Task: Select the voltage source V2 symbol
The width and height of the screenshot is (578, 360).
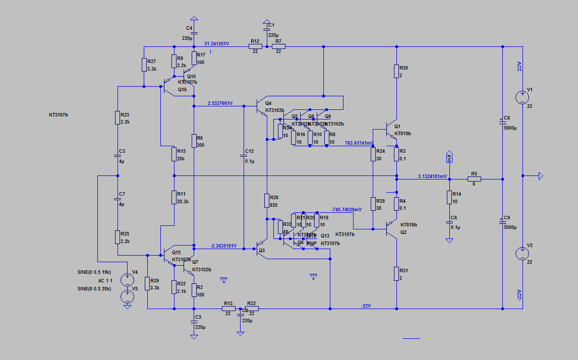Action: (523, 254)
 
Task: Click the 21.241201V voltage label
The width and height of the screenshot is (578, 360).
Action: (216, 44)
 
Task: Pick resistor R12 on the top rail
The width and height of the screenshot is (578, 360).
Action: (255, 47)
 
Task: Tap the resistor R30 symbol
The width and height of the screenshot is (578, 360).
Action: (396, 71)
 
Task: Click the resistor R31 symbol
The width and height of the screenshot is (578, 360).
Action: (396, 274)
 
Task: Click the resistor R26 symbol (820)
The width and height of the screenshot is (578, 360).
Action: (266, 201)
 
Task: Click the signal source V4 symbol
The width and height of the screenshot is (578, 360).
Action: (128, 277)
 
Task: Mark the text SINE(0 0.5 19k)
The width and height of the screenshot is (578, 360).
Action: (95, 272)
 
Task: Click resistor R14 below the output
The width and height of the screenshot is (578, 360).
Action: (449, 197)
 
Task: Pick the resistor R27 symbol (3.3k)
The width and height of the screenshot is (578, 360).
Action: (144, 65)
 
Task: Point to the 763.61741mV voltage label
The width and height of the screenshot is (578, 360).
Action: (360, 143)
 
